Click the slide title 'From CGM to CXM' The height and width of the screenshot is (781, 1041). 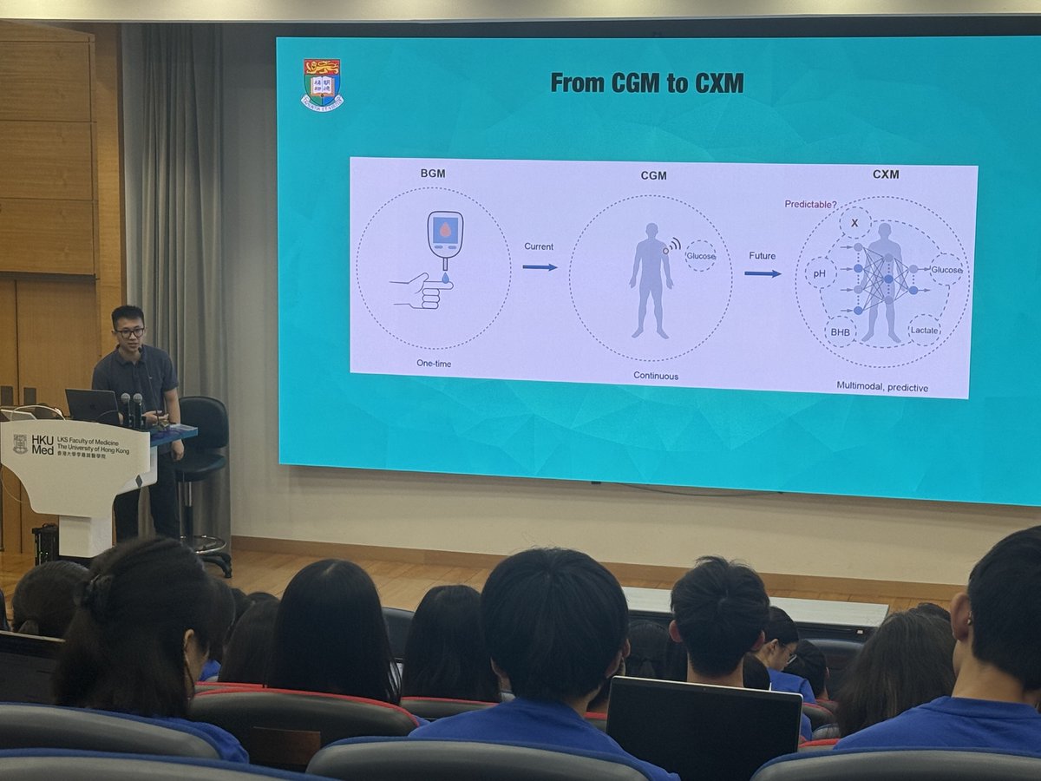coord(646,83)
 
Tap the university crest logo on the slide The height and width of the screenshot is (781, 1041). coord(322,84)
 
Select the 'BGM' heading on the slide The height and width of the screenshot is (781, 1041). coord(433,173)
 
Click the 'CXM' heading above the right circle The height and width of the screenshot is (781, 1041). coord(886,174)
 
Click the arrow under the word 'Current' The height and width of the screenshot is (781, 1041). coord(540,266)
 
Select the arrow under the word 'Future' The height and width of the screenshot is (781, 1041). coord(762,273)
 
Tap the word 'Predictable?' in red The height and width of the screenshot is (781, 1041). coord(811,204)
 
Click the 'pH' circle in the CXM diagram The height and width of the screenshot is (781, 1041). coord(820,274)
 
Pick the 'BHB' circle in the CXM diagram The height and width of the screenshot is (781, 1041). coord(840,331)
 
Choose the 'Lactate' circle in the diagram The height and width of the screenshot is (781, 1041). coord(924,330)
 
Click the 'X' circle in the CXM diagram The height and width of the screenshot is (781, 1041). coord(854,223)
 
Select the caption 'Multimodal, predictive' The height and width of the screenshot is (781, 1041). coord(881,386)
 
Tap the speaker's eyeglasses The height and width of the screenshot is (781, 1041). coord(130,331)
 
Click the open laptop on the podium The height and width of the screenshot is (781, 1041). coord(92,404)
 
